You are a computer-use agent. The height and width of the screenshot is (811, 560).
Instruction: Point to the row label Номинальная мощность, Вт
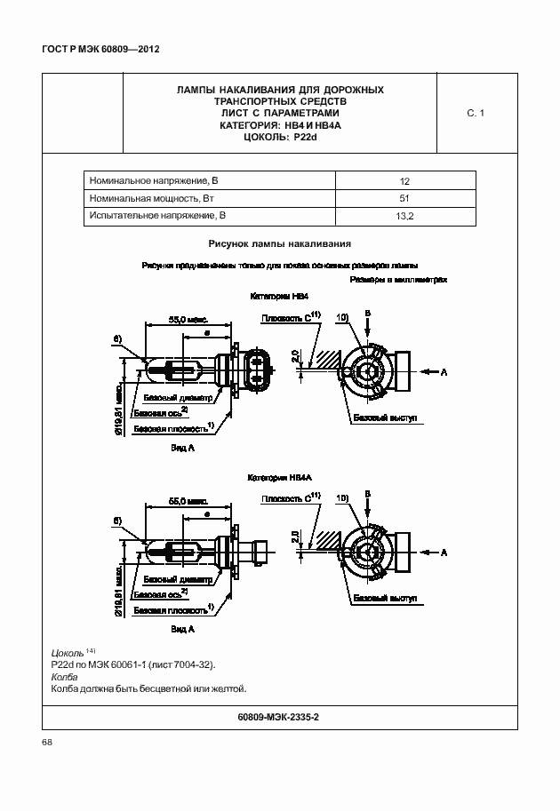148,197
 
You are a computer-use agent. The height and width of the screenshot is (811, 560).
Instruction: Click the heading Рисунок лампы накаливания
280,243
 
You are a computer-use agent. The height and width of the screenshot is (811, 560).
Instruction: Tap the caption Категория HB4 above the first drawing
280,297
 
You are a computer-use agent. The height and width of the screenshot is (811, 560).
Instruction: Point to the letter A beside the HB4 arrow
443,372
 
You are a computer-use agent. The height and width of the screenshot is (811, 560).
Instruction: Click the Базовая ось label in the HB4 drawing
160,413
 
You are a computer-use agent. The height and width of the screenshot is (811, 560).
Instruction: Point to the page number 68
47,743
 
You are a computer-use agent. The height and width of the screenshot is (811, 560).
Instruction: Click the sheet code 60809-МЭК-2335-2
279,716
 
